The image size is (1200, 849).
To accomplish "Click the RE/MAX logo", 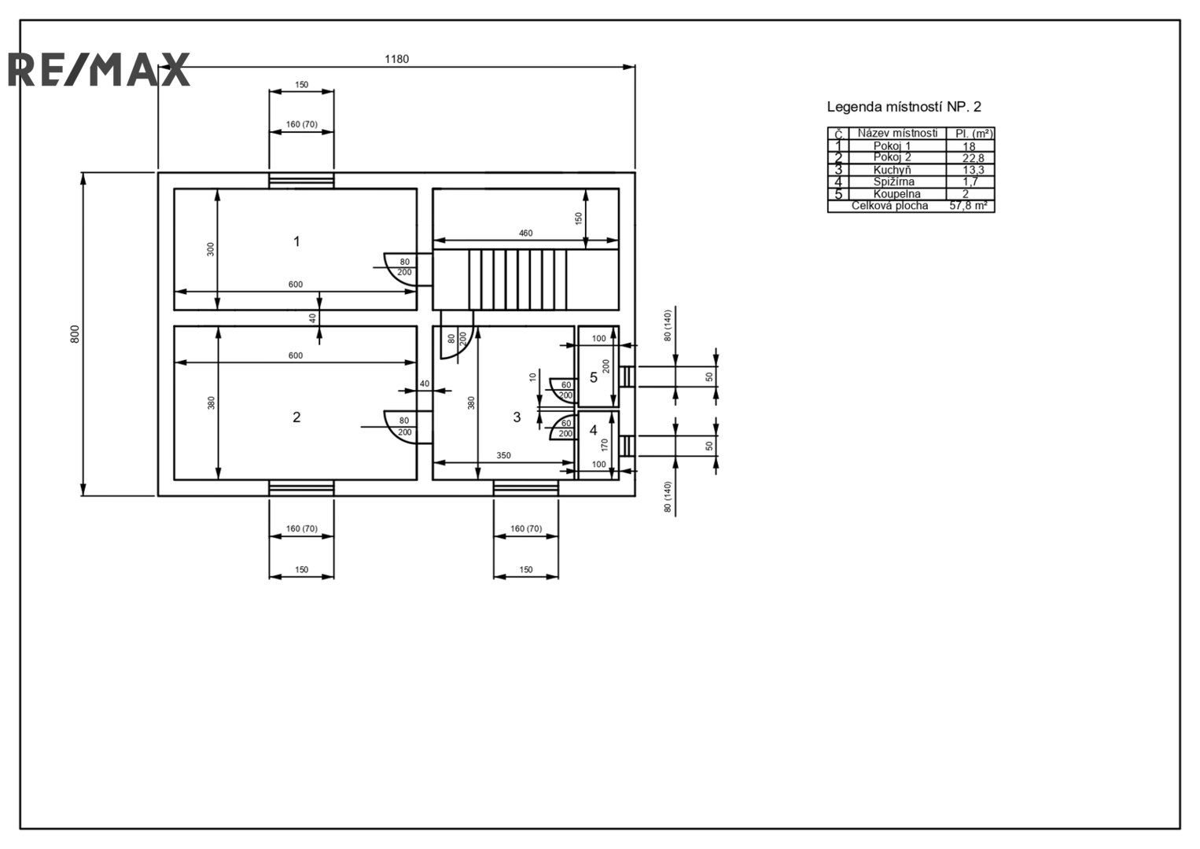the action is (99, 69).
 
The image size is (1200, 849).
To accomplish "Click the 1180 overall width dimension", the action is (396, 59).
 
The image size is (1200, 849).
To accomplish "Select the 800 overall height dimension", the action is (75, 334).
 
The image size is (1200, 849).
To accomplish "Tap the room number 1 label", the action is (296, 241).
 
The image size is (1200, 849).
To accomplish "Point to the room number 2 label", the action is (296, 417).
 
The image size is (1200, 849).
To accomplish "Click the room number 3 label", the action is (517, 417).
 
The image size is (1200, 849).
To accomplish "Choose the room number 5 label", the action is (594, 377).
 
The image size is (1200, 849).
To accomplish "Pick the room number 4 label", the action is (594, 430).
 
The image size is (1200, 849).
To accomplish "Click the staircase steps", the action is (517, 279).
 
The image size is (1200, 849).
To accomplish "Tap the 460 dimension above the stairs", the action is (525, 233).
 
